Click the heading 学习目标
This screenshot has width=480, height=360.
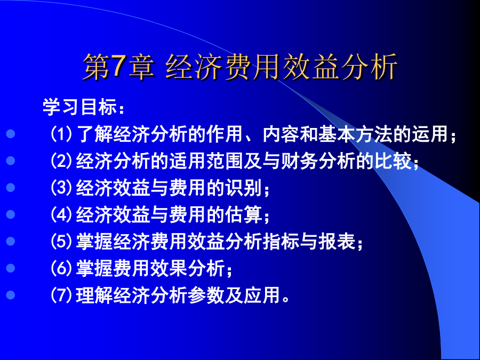[79, 107]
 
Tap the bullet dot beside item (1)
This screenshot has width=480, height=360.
[11, 134]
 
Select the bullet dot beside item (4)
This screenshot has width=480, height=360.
[11, 214]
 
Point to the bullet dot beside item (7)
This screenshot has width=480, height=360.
[11, 295]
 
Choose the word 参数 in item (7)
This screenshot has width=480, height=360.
[206, 295]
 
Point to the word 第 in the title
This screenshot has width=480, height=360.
[97, 67]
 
